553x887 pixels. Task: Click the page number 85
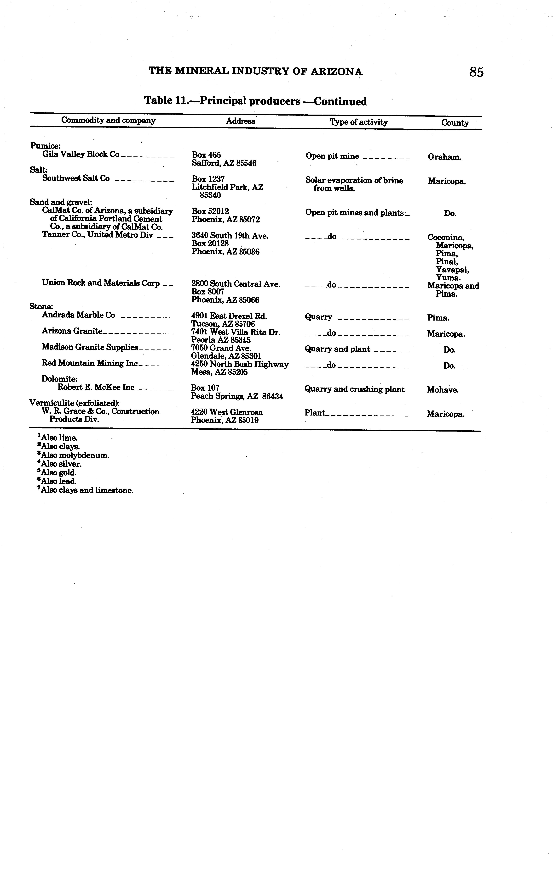click(476, 72)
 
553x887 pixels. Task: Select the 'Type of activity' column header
click(358, 122)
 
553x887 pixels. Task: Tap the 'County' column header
click(455, 123)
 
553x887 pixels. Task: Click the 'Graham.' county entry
click(444, 157)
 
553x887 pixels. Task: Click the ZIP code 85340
click(210, 195)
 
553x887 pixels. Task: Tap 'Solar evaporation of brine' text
click(354, 180)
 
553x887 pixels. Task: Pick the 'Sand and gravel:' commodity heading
click(61, 202)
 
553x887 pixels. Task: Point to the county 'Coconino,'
click(445, 238)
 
